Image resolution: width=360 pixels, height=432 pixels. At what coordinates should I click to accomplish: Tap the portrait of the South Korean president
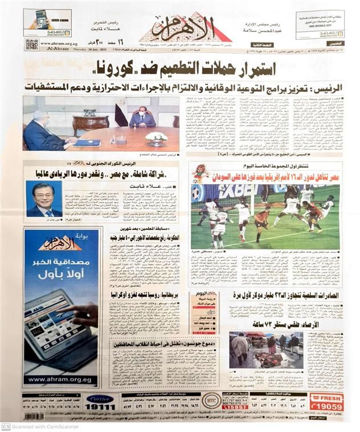[44, 199]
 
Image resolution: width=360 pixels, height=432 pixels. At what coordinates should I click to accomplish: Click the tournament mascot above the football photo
[200, 172]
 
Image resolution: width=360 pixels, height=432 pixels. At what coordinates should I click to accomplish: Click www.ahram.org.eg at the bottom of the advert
[60, 379]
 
